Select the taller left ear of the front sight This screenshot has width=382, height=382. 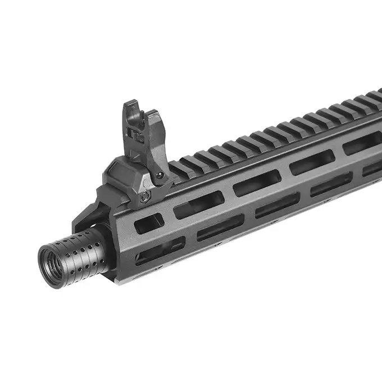[130, 115]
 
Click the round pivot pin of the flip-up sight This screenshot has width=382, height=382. [160, 175]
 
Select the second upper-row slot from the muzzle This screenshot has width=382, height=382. [198, 204]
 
